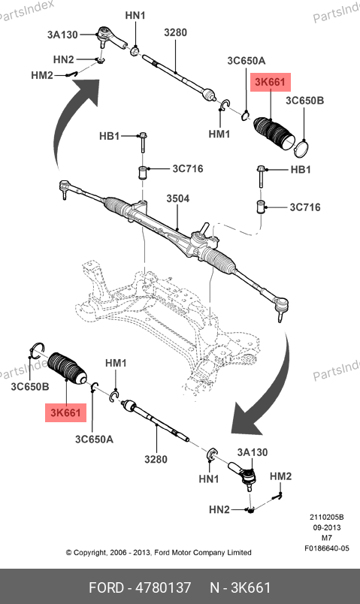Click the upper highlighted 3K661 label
271,82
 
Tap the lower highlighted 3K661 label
66,412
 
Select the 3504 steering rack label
177,199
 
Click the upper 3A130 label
62,35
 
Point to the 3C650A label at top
247,61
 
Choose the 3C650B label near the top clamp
304,101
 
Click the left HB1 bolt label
109,136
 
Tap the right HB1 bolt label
301,170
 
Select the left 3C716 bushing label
188,169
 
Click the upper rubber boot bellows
274,132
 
